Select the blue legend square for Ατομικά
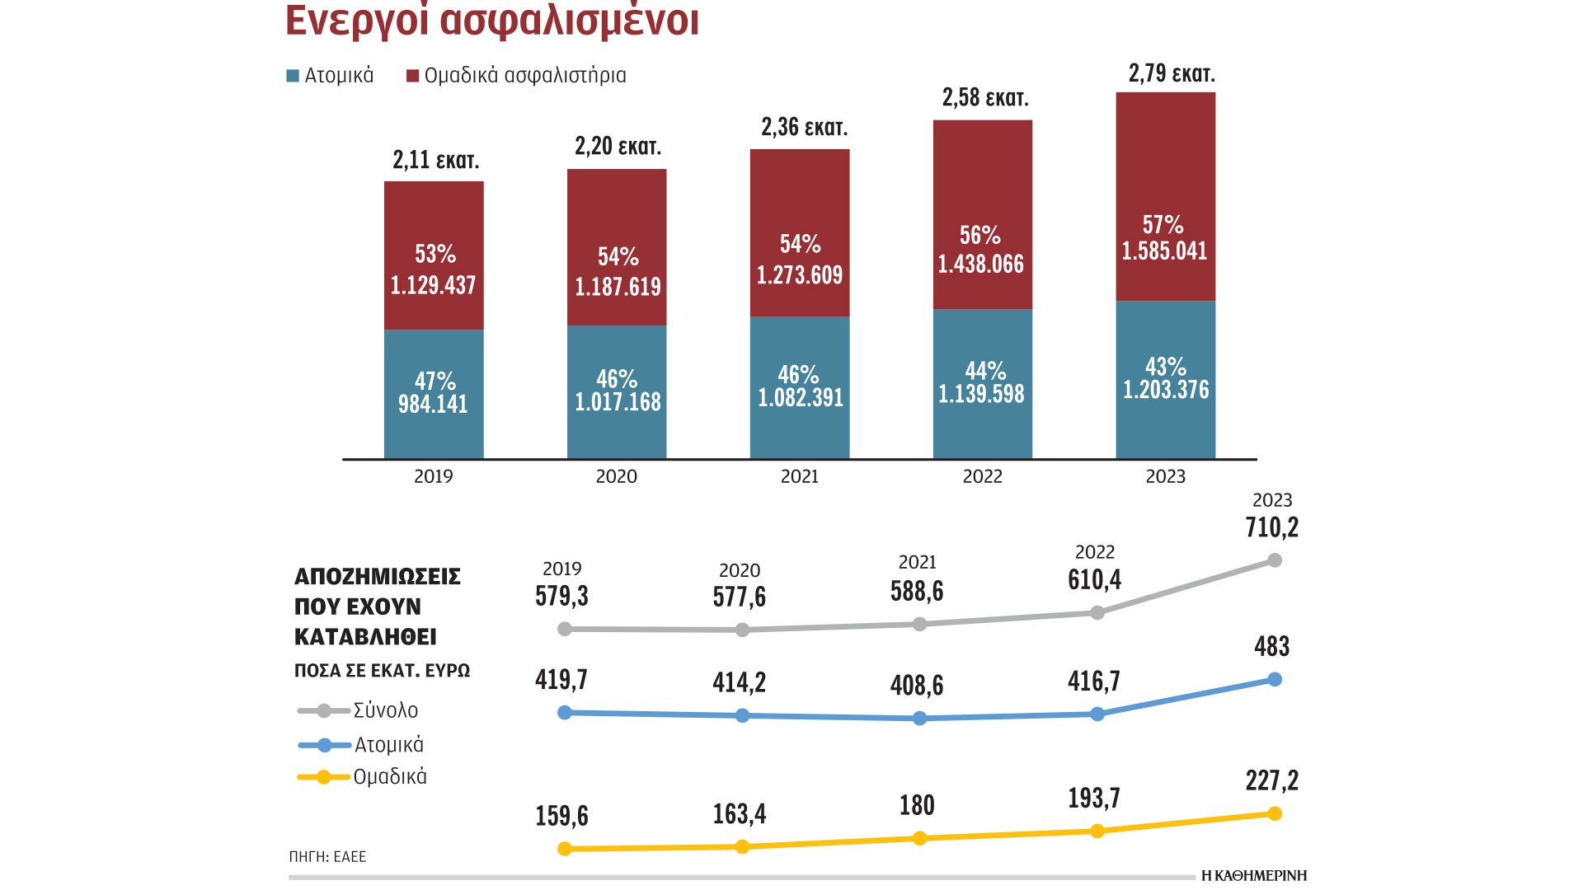293,76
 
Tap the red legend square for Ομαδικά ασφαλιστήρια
413,76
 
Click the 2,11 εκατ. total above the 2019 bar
435,160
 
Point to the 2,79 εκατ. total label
1172,74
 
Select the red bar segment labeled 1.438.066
982,214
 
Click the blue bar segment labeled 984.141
434,394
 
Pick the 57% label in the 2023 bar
1163,225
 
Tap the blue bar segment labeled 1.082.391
800,387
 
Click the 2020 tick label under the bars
617,476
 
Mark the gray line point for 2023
1275,560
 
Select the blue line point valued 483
1275,679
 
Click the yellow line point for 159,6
565,849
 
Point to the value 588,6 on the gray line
917,592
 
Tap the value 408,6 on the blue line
917,686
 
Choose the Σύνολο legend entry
385,710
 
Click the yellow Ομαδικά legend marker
323,777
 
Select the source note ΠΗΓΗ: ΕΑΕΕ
327,857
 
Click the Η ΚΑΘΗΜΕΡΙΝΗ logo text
1254,875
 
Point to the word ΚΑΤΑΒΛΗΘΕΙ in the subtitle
365,637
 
